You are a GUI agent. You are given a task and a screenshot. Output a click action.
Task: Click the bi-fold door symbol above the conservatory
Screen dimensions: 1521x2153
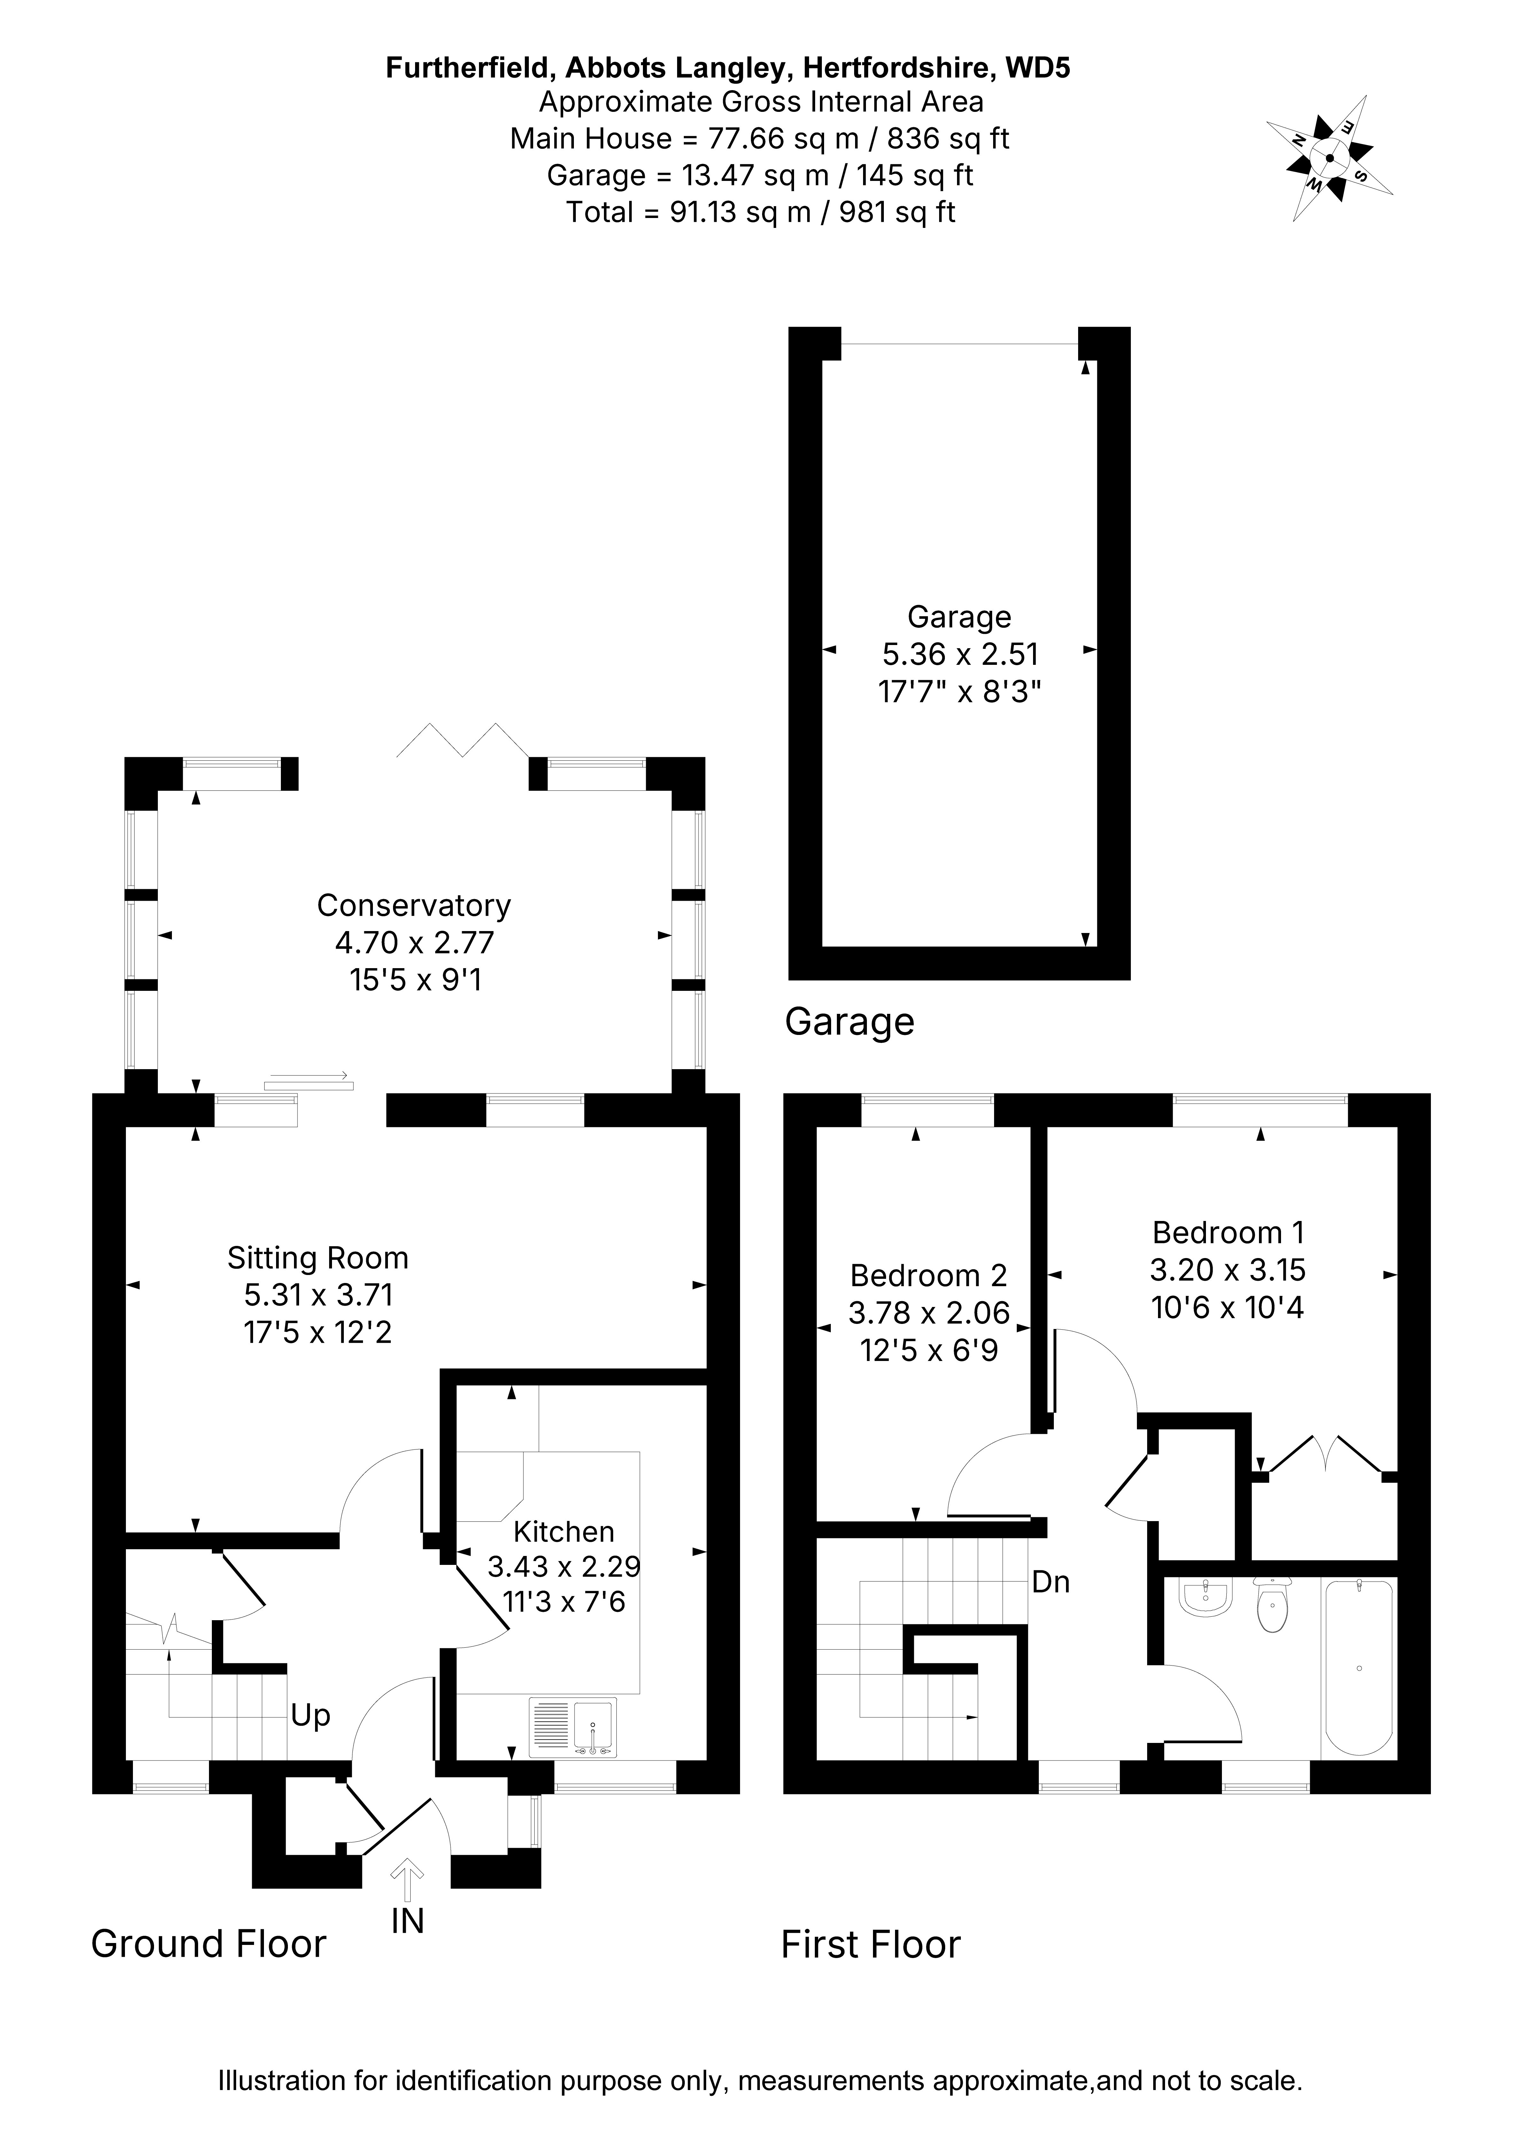[463, 740]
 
